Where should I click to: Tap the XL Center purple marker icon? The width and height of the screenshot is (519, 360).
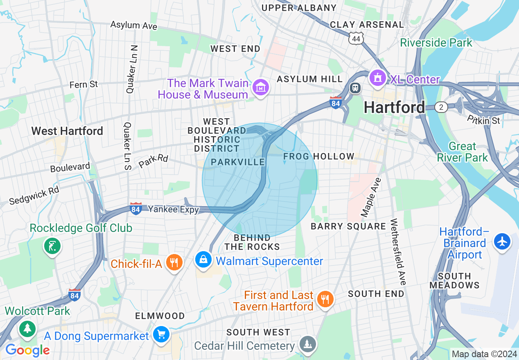click(377, 78)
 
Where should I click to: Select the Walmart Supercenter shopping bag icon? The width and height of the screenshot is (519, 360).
click(203, 260)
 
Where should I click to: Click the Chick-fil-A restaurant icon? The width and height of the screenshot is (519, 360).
click(174, 262)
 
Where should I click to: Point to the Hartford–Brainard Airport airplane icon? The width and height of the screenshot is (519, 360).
click(502, 241)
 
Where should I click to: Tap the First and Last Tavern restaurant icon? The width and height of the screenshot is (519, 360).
click(325, 299)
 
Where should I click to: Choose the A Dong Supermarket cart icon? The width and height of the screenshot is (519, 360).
click(160, 335)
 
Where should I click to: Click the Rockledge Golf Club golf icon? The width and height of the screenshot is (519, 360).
click(52, 246)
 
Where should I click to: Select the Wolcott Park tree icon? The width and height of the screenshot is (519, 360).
click(27, 328)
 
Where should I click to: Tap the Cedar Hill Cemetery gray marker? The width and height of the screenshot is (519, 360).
click(307, 344)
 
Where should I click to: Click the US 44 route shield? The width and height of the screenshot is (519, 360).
click(356, 38)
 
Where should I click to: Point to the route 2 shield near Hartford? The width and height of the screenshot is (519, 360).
click(441, 107)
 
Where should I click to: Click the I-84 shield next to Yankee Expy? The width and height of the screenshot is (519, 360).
click(136, 209)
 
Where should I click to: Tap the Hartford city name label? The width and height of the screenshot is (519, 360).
click(394, 108)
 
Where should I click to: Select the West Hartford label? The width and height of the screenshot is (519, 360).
click(67, 131)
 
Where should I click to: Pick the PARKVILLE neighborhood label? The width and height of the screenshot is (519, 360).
click(238, 162)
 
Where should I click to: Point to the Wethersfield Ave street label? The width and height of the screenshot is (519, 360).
click(398, 252)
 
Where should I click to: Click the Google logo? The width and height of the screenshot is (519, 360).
click(27, 350)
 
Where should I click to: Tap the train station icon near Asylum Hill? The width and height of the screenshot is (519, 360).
click(354, 88)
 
